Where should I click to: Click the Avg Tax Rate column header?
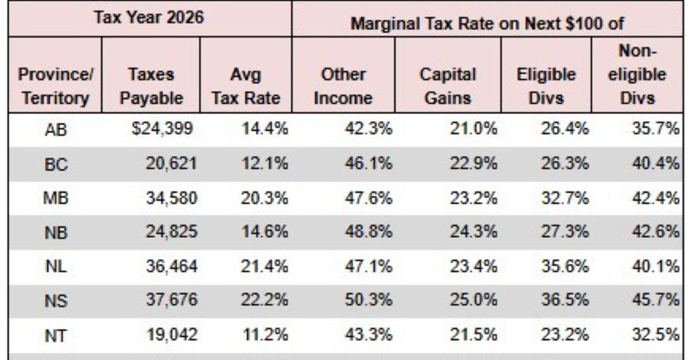245,86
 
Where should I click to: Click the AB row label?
56,130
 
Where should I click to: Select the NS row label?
56,299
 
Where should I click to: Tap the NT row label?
56,333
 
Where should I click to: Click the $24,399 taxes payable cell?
161,130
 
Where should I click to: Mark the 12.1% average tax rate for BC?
264,164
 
